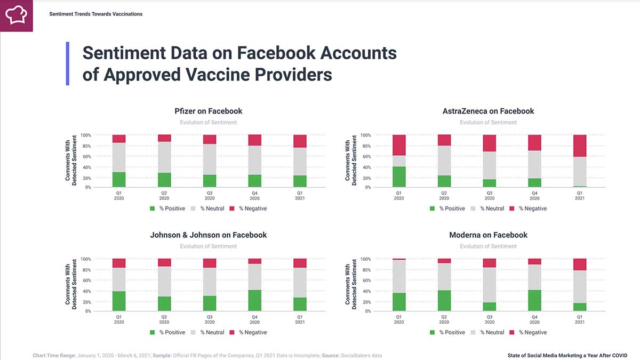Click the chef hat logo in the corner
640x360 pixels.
[16, 15]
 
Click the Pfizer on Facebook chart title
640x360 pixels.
[209, 111]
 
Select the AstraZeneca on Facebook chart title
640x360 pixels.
[488, 111]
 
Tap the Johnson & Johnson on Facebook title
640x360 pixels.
[209, 235]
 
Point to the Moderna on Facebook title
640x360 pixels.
[488, 235]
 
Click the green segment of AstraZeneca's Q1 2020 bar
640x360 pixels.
[399, 177]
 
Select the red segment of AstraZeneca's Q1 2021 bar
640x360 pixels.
[580, 146]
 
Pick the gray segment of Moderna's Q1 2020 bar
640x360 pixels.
[399, 276]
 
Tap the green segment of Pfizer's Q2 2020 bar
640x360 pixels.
[164, 180]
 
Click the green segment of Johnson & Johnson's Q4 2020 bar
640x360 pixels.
[255, 300]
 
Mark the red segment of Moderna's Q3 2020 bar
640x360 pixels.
[490, 263]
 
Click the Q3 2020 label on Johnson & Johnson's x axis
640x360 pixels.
[210, 319]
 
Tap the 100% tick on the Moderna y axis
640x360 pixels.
[365, 259]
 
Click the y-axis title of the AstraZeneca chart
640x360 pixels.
[350, 161]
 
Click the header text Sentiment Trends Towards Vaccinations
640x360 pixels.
[96, 14]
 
